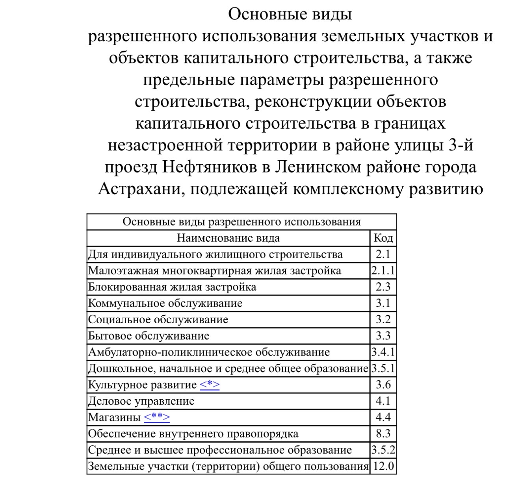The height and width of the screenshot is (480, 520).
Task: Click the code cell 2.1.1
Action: coord(383,271)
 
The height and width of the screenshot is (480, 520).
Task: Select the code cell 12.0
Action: coord(383,466)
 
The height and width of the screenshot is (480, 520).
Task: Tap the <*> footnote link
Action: coord(210,385)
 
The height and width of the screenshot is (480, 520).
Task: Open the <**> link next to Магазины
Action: coord(157,417)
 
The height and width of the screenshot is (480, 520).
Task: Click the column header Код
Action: coord(383,238)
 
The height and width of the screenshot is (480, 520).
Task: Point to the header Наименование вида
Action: coord(228,238)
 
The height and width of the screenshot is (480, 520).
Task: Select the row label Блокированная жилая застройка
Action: coord(172,287)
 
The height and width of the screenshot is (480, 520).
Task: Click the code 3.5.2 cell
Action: coord(383,450)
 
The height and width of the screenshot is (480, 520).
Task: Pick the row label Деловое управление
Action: coord(141,401)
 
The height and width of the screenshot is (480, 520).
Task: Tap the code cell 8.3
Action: coord(383,434)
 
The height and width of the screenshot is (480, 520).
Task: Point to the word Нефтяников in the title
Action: coord(210,167)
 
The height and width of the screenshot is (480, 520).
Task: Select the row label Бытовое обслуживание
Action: coord(149,336)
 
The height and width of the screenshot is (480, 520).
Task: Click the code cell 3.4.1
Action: coord(383,352)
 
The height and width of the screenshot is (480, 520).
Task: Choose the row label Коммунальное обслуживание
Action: coord(165,303)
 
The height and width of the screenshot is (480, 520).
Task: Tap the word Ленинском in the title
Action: coord(318,167)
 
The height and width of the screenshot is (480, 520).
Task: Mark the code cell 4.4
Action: coord(383,417)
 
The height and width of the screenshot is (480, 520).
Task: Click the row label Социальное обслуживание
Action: coord(158,319)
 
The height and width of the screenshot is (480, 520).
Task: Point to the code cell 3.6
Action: coord(383,385)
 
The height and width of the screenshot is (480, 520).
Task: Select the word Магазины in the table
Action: coord(114,417)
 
